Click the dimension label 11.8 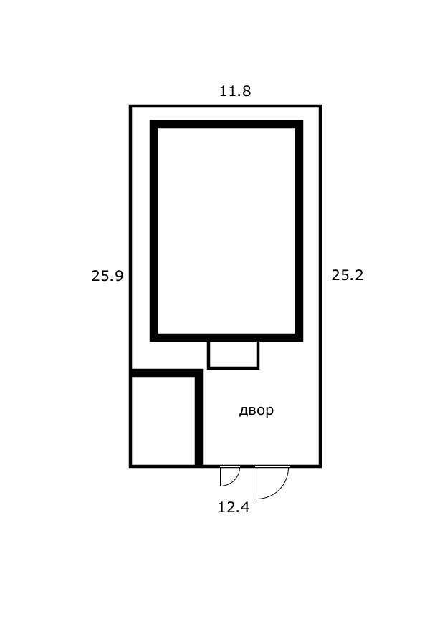(235, 91)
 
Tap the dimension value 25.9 (107, 276)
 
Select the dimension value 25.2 (348, 275)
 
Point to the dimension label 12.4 (234, 507)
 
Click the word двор (257, 410)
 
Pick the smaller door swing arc (236, 480)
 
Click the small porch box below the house (234, 355)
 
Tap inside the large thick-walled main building (226, 231)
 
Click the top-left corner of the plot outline (130, 106)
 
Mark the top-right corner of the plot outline (320, 106)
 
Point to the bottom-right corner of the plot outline (320, 466)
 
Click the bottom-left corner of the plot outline (130, 466)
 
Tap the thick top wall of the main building (226, 125)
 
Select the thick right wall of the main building (300, 231)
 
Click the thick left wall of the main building (153, 231)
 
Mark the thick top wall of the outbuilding (166, 373)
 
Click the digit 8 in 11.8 (247, 91)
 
